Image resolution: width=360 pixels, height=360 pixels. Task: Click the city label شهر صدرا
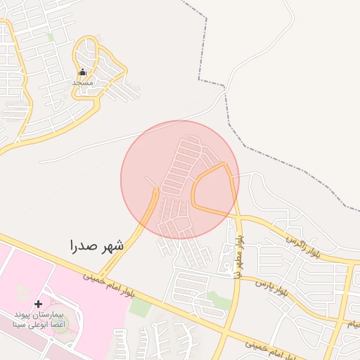coord(96,246)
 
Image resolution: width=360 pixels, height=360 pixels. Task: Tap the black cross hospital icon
coord(38,304)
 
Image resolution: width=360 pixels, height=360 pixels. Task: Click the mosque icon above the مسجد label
coord(82,72)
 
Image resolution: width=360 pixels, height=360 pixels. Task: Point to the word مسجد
coord(82,82)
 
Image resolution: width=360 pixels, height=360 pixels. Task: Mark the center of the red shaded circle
coord(180,179)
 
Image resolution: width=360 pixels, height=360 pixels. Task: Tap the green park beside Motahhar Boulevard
coord(219,301)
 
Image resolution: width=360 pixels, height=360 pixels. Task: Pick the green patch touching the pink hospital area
coord(140,307)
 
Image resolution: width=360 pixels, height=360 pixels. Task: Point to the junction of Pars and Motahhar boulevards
coord(239,276)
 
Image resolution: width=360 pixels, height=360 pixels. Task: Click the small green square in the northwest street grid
coord(50,37)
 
